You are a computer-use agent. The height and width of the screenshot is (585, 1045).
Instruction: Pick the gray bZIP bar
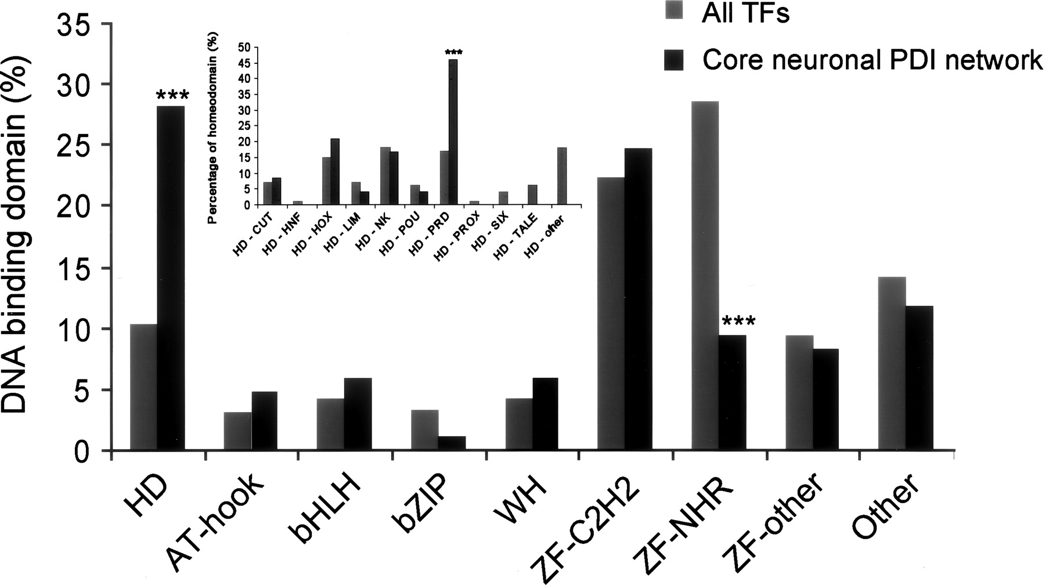pyautogui.click(x=424, y=430)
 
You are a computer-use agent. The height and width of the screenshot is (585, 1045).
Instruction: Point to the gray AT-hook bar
pyautogui.click(x=237, y=431)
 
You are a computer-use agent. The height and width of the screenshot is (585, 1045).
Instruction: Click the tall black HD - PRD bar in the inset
pyautogui.click(x=453, y=132)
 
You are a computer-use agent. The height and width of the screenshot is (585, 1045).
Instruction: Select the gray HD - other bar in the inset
pyautogui.click(x=561, y=176)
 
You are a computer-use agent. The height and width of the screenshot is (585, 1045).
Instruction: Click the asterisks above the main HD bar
pyautogui.click(x=172, y=95)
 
